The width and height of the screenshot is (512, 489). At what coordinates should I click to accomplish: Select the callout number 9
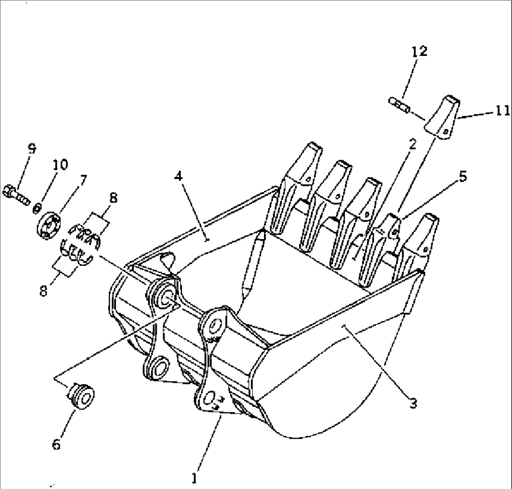coord(31,149)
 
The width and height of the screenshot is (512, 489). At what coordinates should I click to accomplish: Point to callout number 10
coord(60,164)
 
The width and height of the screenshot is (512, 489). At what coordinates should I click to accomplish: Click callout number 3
coord(413,403)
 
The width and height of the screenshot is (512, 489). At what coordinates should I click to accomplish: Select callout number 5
coord(463,177)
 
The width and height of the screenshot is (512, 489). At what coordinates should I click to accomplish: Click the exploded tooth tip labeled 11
coord(443,117)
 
